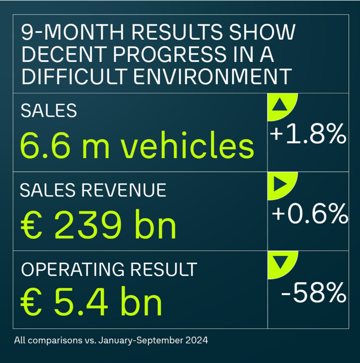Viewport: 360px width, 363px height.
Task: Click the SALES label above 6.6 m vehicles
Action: (48, 111)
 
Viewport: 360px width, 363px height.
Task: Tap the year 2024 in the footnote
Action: (198, 341)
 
